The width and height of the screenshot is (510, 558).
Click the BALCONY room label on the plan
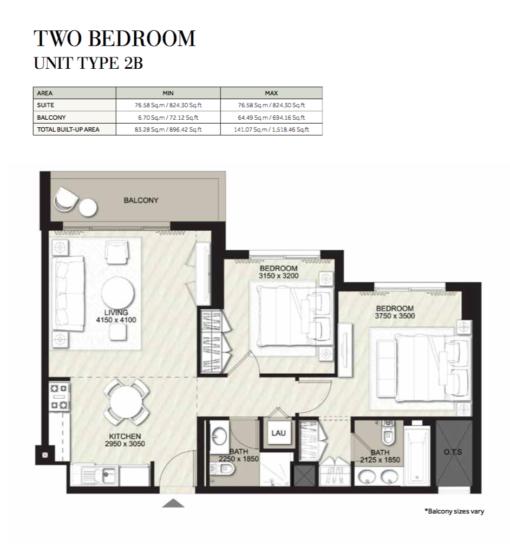point(141,200)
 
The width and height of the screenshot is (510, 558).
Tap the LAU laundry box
point(278,433)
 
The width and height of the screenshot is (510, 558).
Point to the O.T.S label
point(453,452)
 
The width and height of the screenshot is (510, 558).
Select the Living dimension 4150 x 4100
point(116,320)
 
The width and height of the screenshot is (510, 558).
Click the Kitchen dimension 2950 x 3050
point(125,444)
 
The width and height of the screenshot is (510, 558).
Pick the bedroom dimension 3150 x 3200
point(278,276)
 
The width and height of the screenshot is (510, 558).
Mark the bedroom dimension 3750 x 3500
point(395,316)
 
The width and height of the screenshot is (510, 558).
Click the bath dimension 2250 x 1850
point(239,459)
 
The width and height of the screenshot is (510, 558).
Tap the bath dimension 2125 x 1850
point(380,460)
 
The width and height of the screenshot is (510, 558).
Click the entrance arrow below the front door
point(173,503)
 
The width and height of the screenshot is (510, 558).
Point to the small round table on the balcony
point(88,207)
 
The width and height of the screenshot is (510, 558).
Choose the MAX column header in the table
point(271,93)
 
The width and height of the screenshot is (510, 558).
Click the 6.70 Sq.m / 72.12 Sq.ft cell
point(168,118)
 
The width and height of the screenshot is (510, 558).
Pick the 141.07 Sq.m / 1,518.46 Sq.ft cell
point(271,129)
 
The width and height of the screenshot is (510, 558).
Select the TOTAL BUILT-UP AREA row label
point(68,129)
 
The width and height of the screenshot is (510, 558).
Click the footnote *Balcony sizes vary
point(454,511)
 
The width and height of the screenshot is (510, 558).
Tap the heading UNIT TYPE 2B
point(88,63)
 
